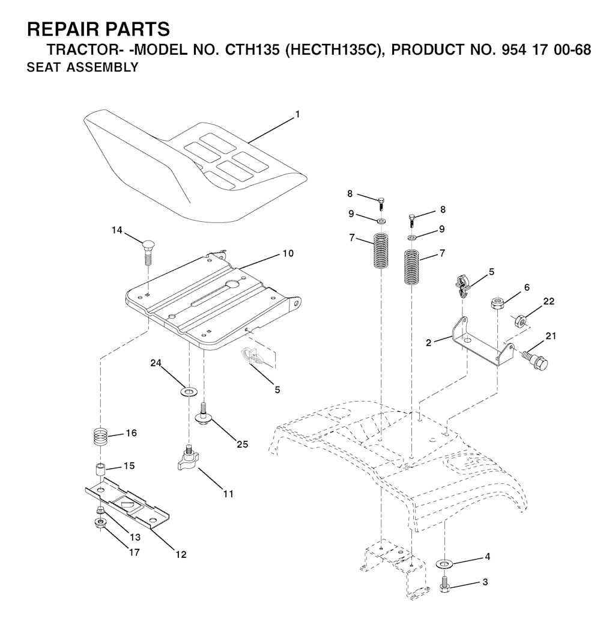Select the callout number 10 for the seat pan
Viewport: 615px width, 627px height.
(288, 254)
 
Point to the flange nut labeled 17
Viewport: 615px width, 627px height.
(100, 522)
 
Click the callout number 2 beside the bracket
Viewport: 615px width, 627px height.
(428, 343)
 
